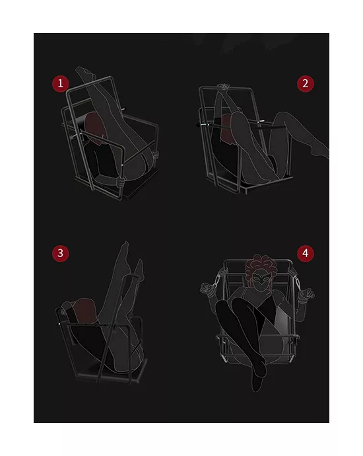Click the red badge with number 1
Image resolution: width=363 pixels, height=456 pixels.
pyautogui.click(x=61, y=83)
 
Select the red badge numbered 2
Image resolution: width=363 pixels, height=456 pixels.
pyautogui.click(x=304, y=83)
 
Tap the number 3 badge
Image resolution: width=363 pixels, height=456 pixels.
pyautogui.click(x=61, y=253)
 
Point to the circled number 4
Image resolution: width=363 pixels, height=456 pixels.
pyautogui.click(x=304, y=253)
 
